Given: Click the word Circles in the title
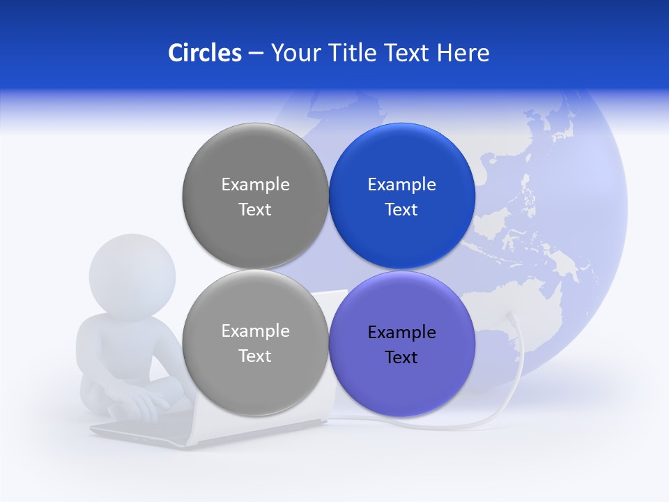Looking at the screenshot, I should point(204,53).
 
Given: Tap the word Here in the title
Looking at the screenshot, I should point(463,53).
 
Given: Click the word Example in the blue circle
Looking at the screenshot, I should point(401,185).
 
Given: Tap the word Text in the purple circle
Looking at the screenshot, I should point(401,358).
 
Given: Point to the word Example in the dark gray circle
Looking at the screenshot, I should point(255,185).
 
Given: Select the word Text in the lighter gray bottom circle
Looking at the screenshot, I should point(255,356).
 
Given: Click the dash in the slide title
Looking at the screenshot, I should point(256,54).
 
